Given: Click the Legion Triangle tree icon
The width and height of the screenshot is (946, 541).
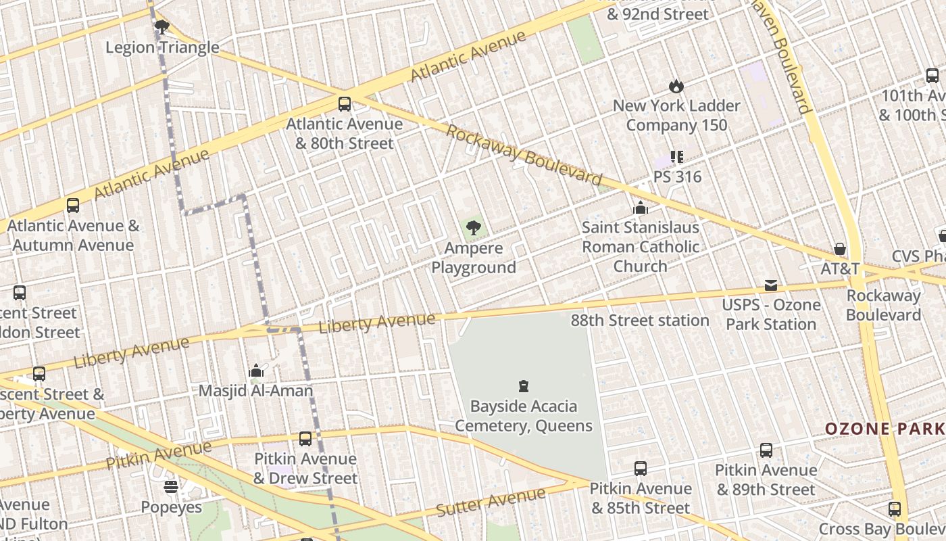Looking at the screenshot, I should (161, 27).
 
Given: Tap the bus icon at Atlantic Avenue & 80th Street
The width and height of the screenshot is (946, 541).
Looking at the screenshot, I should (345, 104).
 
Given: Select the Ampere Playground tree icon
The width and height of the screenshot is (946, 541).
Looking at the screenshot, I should (474, 228).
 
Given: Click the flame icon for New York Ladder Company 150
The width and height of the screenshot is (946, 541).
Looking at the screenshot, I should (676, 86).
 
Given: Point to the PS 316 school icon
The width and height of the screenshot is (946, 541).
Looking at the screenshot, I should (677, 157).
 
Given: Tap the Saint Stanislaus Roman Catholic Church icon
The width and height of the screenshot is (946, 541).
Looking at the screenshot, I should (640, 208).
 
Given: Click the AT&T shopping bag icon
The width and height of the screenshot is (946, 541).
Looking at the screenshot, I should (840, 249).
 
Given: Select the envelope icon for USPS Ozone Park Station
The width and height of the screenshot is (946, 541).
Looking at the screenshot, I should (771, 285).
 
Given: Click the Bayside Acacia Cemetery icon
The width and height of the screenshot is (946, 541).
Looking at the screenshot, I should (523, 386).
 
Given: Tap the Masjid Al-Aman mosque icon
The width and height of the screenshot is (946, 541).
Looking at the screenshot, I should (256, 371).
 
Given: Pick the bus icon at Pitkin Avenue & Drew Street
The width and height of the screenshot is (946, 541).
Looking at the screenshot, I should (305, 439).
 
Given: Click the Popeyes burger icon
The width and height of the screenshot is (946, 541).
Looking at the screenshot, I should (171, 487).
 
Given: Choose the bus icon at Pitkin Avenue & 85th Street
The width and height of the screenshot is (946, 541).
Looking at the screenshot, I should (641, 468).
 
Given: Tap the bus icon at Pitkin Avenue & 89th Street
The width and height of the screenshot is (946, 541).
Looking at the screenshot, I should (766, 450).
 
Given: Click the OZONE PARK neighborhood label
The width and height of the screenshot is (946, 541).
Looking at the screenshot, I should (885, 429).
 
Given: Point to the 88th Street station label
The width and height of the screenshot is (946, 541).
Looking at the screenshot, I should (640, 321).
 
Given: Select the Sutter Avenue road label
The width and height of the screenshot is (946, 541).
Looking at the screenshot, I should (491, 502).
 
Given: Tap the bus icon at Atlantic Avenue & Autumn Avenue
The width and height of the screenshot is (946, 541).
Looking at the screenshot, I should (73, 206).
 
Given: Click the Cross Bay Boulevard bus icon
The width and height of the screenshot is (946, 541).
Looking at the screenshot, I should (895, 509).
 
